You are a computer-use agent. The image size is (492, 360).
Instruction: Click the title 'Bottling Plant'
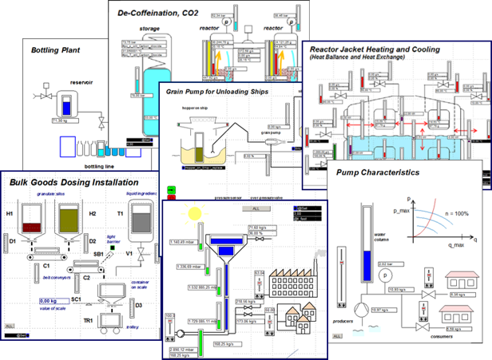coord(58,50)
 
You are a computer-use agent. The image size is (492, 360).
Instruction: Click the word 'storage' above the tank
coord(149,29)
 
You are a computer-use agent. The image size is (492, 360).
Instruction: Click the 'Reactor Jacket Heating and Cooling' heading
coord(384,49)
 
